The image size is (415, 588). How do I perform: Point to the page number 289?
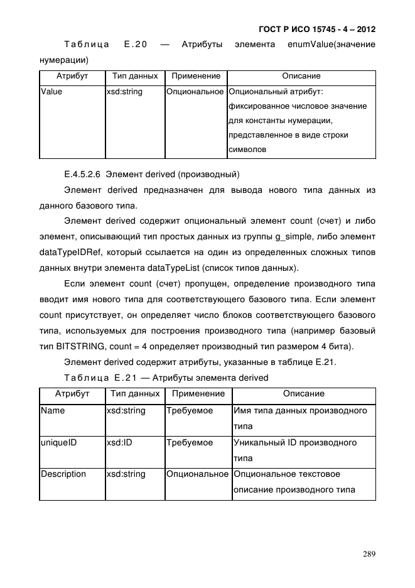coord(369,554)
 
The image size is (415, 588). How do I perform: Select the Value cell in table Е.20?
coord(51,92)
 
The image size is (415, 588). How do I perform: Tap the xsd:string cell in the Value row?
coord(125,92)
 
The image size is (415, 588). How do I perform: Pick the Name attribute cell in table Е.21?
coord(53,410)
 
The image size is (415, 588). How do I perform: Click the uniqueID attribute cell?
coord(58,442)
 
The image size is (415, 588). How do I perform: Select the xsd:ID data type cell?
coord(119,442)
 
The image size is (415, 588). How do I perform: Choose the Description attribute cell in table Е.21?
coord(63,474)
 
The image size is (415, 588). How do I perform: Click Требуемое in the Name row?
coord(189,410)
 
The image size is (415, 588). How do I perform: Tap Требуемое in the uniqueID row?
coord(189,442)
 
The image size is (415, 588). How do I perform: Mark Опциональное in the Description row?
coord(197,474)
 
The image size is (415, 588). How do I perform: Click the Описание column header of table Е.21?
coord(303,394)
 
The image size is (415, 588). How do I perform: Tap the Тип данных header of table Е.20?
coord(135,76)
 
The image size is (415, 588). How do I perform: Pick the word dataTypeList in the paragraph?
coord(176,268)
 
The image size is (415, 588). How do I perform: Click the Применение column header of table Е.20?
coord(196,76)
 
